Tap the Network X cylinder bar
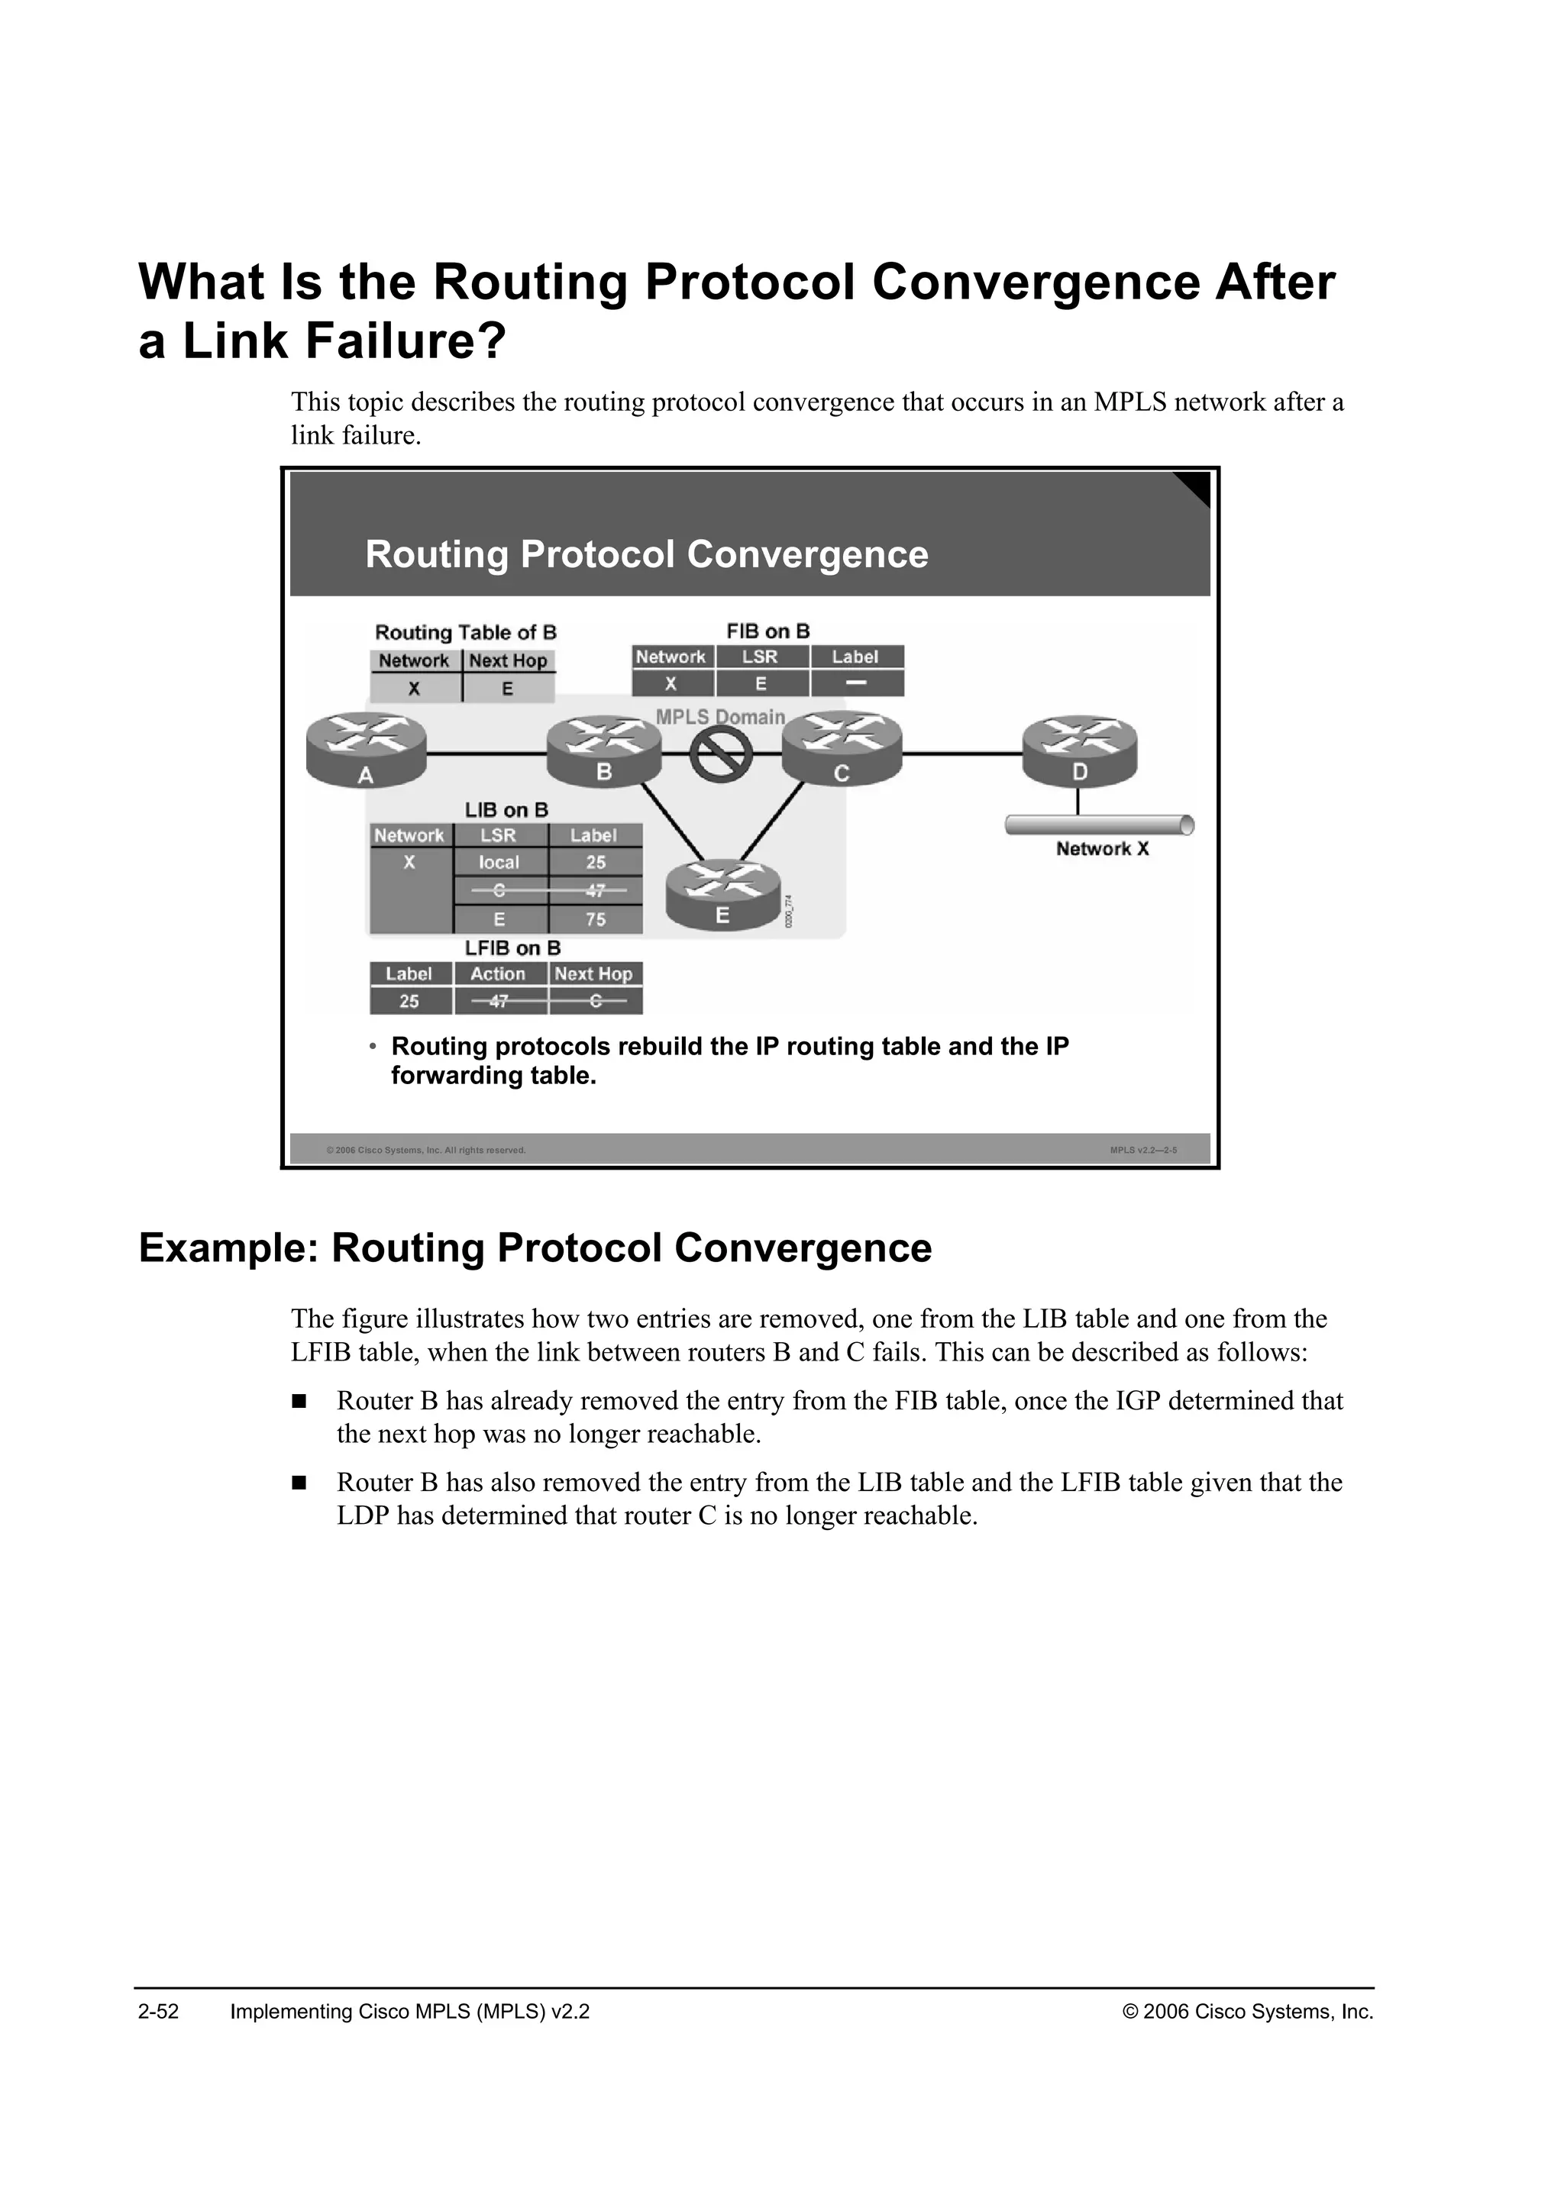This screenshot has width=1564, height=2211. (1099, 825)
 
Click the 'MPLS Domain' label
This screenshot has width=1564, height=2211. (720, 718)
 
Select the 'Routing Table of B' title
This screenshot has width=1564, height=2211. (465, 633)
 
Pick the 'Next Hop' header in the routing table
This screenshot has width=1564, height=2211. (508, 660)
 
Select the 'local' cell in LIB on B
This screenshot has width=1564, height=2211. (499, 863)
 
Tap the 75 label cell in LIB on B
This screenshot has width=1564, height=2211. (595, 918)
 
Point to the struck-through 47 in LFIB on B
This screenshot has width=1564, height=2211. (499, 1002)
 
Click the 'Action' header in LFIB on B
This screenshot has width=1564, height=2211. (498, 973)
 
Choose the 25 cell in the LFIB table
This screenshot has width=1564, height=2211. (409, 1002)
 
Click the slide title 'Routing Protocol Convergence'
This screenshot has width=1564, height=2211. (646, 555)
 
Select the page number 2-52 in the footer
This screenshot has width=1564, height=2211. (159, 2012)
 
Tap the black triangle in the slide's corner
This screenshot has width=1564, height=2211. (1194, 487)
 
